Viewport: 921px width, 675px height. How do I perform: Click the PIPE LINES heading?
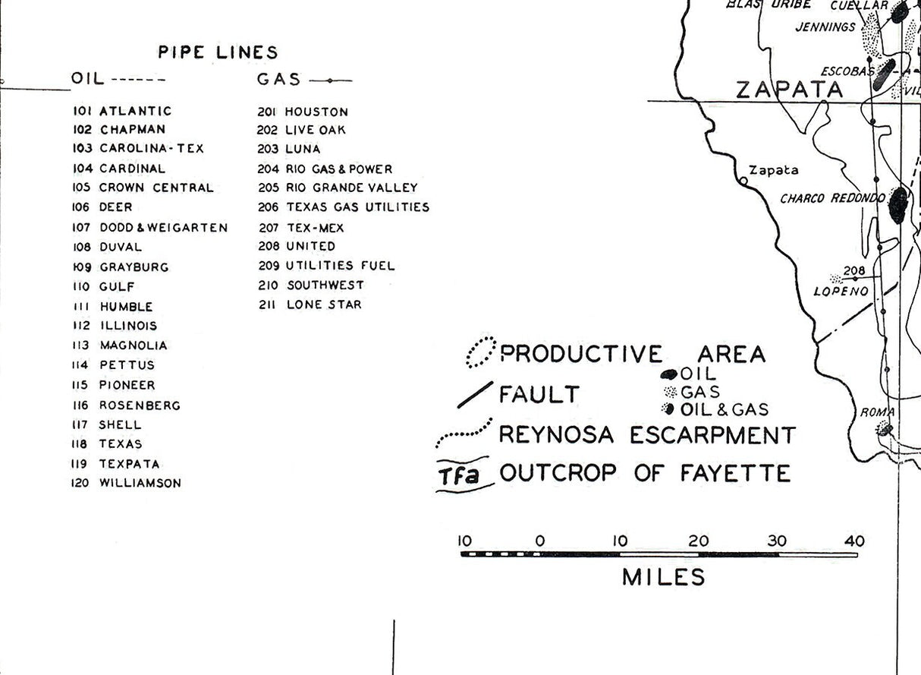coord(218,52)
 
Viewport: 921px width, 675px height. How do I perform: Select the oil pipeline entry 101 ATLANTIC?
coord(122,111)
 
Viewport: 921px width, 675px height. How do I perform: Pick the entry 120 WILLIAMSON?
coord(127,483)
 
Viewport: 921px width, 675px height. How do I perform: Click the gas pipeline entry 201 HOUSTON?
coord(303,112)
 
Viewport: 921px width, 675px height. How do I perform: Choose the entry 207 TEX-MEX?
coord(301,227)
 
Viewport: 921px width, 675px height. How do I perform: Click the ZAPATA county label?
coord(790,90)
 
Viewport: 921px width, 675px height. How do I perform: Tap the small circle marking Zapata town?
coord(743,181)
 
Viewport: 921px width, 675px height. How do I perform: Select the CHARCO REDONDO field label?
coord(832,199)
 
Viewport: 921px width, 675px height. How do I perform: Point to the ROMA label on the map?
coord(877,412)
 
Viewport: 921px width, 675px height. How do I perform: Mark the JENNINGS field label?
coord(825,27)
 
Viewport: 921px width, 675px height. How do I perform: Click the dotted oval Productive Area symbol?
coord(479,353)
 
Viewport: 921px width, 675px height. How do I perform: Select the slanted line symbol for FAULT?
coord(474,396)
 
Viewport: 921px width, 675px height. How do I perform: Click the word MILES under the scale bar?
coord(663,577)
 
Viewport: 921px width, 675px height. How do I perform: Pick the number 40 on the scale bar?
coord(854,541)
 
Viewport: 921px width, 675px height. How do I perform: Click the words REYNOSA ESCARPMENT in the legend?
coord(646,435)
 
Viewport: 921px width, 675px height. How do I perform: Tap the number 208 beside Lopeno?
coord(854,271)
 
